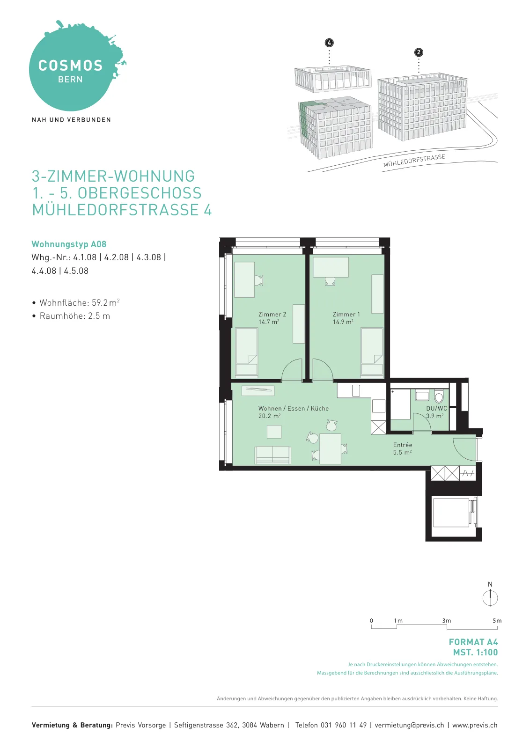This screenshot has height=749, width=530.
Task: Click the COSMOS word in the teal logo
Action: tap(70, 66)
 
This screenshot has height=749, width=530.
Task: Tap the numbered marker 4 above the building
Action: tap(329, 43)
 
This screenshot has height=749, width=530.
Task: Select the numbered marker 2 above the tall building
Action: tap(419, 52)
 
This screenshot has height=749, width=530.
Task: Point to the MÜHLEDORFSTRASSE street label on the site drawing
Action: tap(414, 161)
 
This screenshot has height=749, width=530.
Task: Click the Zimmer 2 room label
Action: tap(272, 314)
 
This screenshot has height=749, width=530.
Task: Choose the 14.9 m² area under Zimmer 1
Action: tap(343, 322)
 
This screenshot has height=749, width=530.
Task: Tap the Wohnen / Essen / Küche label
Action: tap(294, 409)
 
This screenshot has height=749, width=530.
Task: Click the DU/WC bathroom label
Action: tap(436, 409)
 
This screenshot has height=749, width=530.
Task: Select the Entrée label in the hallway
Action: tap(403, 445)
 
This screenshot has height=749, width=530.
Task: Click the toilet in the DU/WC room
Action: tap(439, 397)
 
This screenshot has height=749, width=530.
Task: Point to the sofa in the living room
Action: tap(272, 455)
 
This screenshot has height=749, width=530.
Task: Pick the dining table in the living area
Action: tap(330, 449)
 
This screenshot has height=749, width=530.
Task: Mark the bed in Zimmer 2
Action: tap(246, 352)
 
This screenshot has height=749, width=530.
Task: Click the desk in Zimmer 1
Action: tap(331, 267)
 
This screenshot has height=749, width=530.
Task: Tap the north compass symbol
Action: tap(490, 597)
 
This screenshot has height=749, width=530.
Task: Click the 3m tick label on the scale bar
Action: tap(447, 621)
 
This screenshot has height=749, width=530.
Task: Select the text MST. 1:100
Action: tap(476, 653)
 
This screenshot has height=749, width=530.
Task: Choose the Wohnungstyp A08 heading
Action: tap(69, 244)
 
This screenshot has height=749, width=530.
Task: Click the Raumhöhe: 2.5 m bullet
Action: tap(75, 316)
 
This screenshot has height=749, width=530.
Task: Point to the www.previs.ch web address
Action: tap(475, 725)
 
